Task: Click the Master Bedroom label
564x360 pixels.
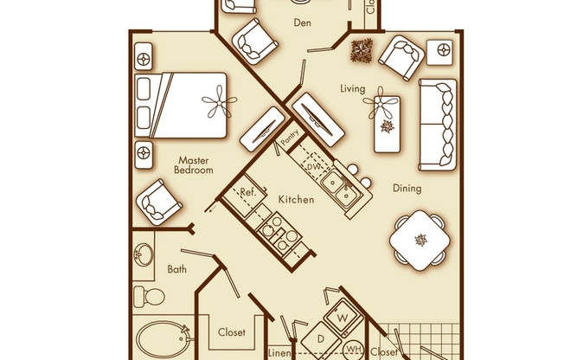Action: pos(194,165)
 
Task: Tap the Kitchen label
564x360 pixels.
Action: pos(296,199)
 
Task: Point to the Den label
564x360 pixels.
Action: pos(302,22)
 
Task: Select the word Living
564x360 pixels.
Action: pos(353,88)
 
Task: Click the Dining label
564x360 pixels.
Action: pos(407,189)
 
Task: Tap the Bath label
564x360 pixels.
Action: pos(177,269)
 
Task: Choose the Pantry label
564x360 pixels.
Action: pos(290,137)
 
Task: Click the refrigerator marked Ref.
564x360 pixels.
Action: pos(245,196)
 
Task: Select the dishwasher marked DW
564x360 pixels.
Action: pos(313,166)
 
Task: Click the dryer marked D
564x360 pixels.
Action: pos(321,339)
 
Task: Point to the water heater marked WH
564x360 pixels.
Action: pos(354,350)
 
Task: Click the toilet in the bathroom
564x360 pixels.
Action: pos(149,297)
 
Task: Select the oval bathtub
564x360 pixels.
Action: pos(163,338)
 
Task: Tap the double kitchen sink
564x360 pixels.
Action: pos(342,188)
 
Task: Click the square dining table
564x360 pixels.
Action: pos(420,240)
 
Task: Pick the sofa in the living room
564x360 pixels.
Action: pos(438,125)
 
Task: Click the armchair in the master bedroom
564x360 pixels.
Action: pos(158,202)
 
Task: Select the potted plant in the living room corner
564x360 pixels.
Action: pos(362,50)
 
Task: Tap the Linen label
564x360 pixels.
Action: pos(279,353)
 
